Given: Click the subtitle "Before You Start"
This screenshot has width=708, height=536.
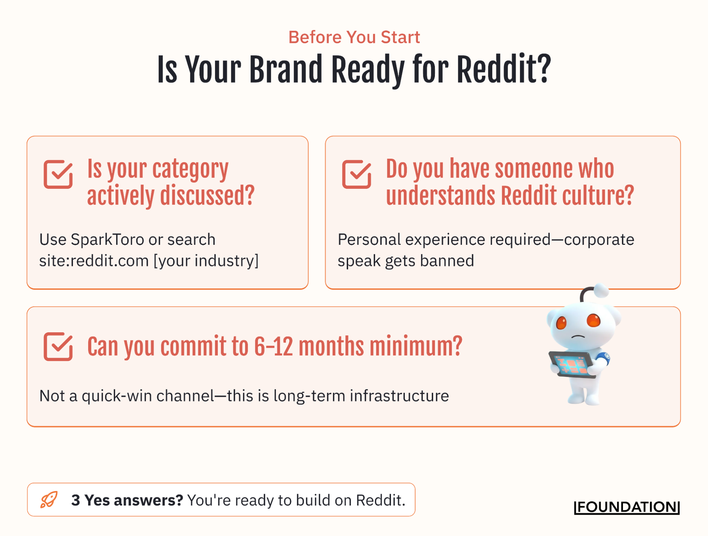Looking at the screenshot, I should (x=354, y=37).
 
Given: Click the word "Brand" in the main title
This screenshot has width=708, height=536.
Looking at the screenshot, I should (x=286, y=70).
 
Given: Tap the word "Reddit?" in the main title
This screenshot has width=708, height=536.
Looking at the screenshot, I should (x=504, y=70).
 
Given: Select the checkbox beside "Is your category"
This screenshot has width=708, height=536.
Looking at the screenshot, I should (x=58, y=174).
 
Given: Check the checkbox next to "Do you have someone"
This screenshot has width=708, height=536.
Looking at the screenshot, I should (x=356, y=174).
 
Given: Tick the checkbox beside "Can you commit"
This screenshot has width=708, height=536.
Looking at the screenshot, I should (x=58, y=346).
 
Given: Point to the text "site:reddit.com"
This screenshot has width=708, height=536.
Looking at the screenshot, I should (x=94, y=261).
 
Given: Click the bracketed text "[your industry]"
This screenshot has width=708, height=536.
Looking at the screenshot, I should (x=206, y=261).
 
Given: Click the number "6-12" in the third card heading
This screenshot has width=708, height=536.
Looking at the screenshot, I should (x=273, y=346).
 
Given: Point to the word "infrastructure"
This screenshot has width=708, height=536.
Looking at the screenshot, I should (x=399, y=396).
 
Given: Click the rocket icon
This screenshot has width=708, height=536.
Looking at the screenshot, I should (x=49, y=500).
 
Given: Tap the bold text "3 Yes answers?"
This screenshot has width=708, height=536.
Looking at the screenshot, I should (x=127, y=500).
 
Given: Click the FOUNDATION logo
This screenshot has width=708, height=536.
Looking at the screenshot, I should (x=627, y=507).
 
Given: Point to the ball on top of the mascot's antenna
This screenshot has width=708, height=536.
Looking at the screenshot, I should (x=601, y=290).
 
